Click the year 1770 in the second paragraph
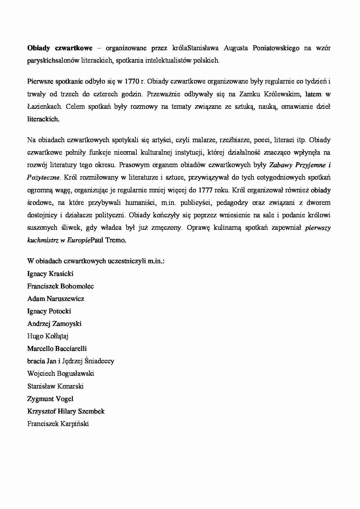tap(132, 82)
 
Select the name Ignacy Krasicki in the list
tap(50, 274)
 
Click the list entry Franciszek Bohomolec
tap(60, 286)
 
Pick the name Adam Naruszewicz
tap(56, 299)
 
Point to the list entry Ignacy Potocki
tap(49, 311)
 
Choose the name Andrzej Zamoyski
tap(54, 324)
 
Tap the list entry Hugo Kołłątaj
tap(48, 336)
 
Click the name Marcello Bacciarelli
tap(57, 349)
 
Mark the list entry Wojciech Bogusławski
tap(61, 373)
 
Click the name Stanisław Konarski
tap(55, 386)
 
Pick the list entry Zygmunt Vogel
tap(50, 399)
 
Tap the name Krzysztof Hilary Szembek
tap(66, 411)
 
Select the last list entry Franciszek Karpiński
tap(58, 424)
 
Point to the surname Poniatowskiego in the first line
tap(276, 48)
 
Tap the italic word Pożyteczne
tap(43, 178)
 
